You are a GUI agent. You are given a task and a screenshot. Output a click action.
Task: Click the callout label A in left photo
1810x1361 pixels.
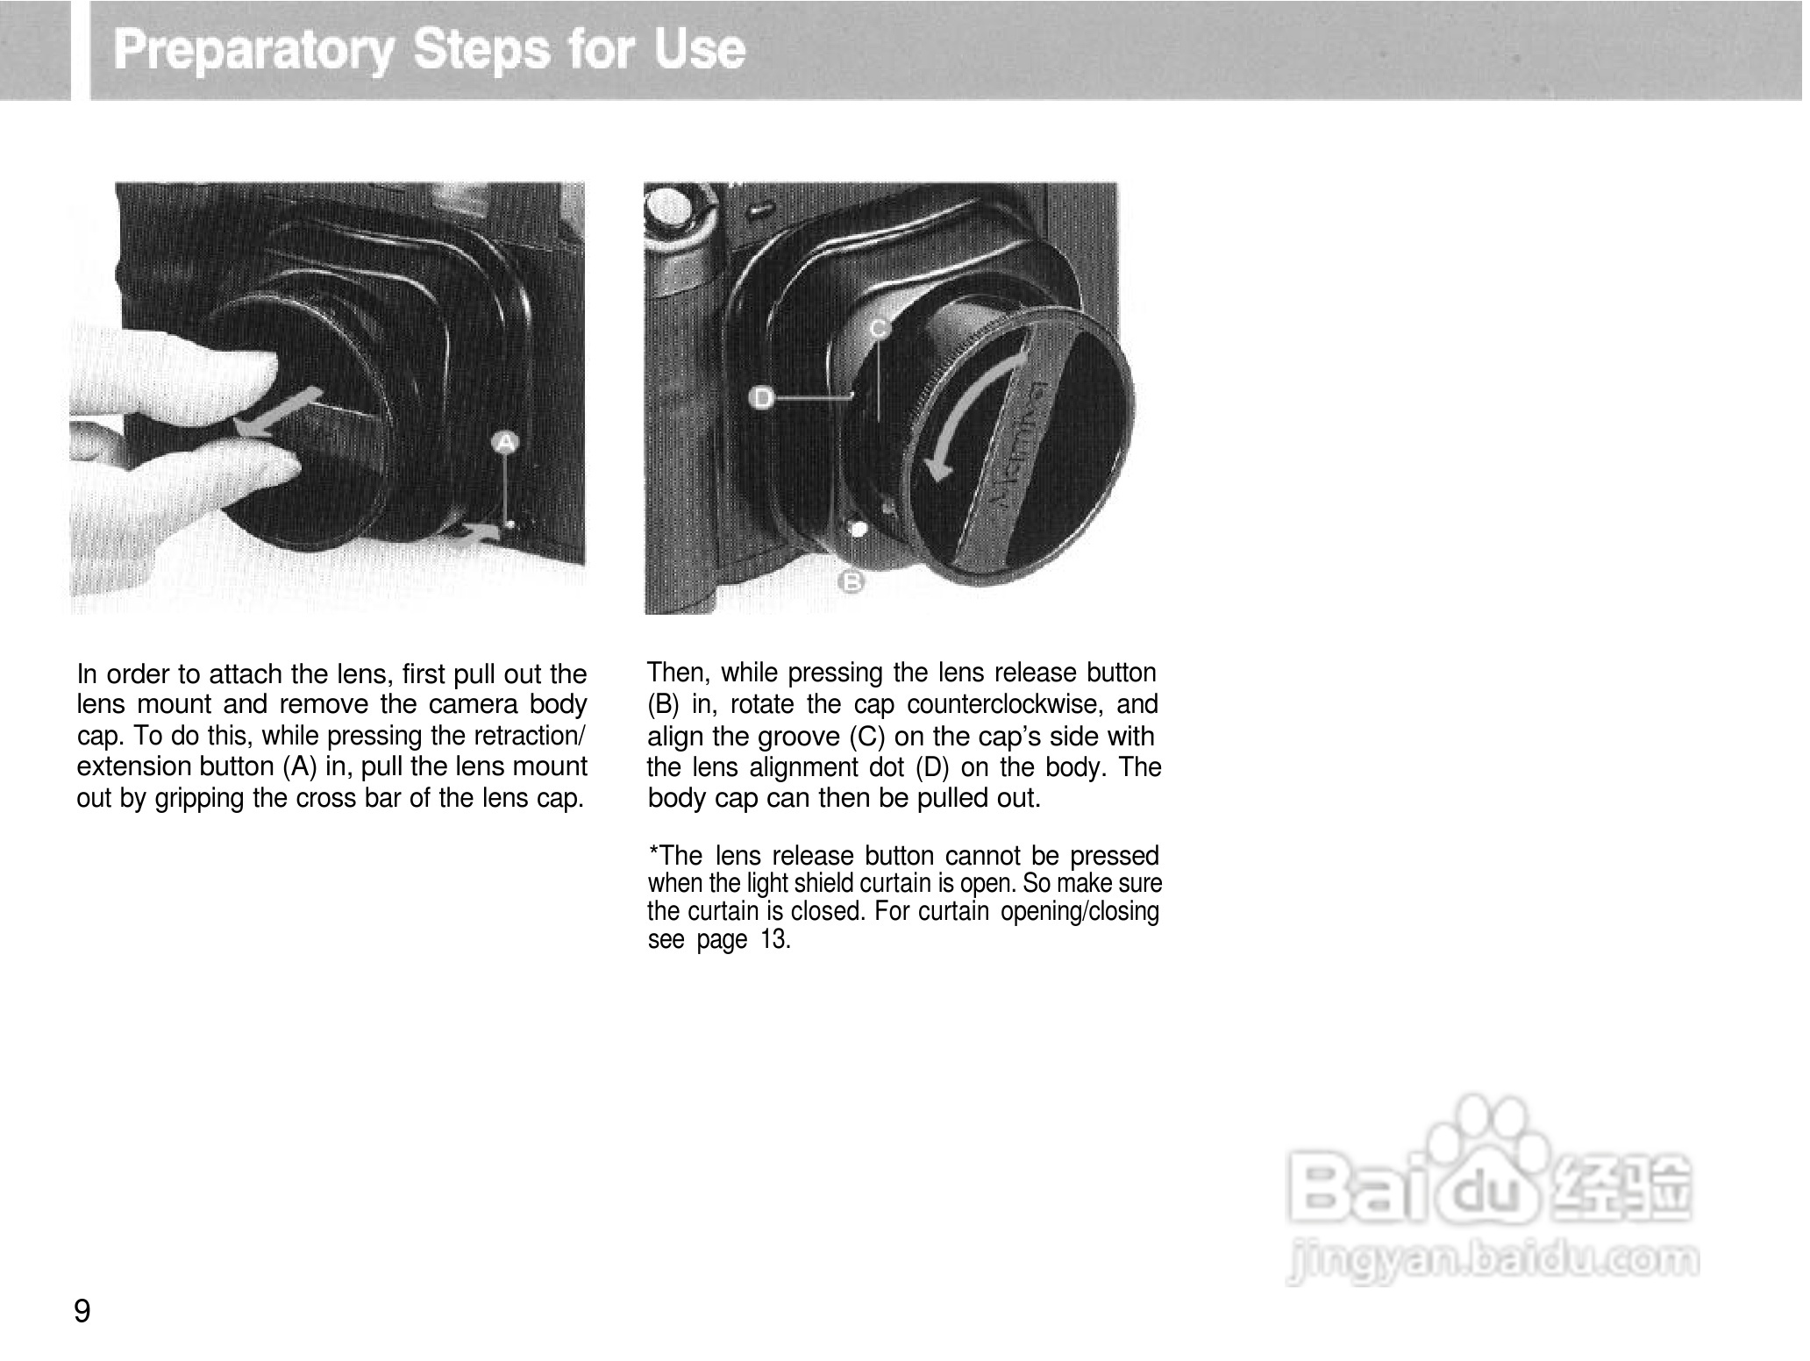[x=505, y=443]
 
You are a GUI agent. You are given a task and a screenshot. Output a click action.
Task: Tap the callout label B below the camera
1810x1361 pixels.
[x=852, y=581]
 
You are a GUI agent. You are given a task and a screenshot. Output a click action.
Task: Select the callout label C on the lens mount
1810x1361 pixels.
[x=879, y=329]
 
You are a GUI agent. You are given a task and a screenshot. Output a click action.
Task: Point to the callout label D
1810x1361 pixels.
[x=762, y=399]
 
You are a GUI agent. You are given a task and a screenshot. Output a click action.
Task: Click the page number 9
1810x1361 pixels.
[x=82, y=1311]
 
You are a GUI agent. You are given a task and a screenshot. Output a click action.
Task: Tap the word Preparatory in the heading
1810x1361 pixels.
[x=254, y=50]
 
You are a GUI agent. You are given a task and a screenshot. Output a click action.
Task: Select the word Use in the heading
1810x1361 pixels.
[x=701, y=50]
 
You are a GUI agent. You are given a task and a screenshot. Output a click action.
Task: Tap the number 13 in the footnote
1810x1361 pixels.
[x=775, y=941]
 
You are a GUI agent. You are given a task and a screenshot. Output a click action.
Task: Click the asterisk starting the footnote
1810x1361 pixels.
[x=652, y=854]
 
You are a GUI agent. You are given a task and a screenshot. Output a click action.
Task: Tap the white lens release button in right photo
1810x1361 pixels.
[x=859, y=529]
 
